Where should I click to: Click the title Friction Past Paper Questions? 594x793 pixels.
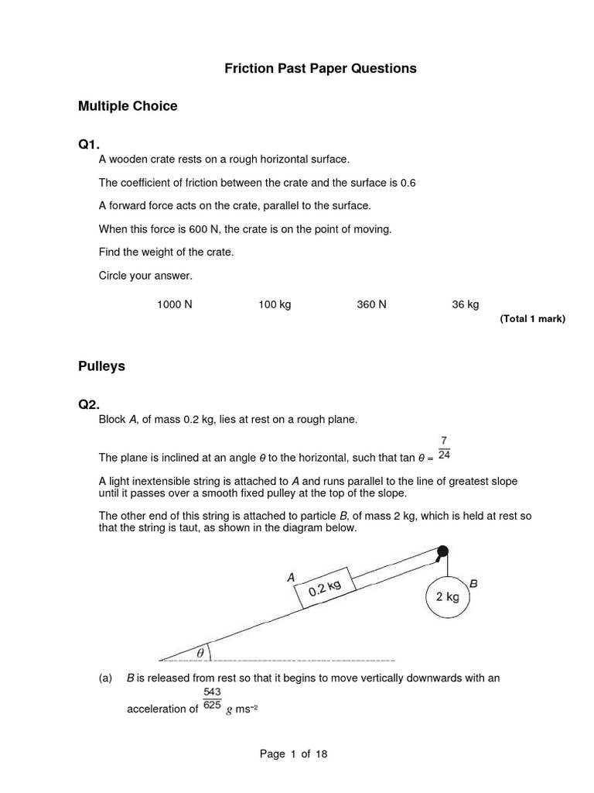320,68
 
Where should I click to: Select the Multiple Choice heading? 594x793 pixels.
128,106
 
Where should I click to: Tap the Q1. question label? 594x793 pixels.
89,145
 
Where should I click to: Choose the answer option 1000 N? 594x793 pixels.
174,305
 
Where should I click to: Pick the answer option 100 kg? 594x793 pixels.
275,305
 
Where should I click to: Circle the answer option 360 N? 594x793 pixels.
371,305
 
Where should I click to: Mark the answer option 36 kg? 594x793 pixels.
466,305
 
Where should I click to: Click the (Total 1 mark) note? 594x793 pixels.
532,318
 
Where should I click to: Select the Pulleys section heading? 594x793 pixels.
101,366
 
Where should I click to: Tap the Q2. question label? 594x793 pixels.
89,405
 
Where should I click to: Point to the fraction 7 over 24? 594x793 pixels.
444,448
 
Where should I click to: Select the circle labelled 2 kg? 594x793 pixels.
448,596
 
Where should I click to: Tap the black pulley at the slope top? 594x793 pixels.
442,552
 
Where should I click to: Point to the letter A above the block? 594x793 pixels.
291,577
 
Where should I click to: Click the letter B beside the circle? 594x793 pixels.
473,585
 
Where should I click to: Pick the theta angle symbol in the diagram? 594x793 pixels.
200,653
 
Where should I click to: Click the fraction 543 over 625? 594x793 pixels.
212,699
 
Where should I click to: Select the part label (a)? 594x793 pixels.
106,678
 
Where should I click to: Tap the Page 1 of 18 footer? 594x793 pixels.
296,754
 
